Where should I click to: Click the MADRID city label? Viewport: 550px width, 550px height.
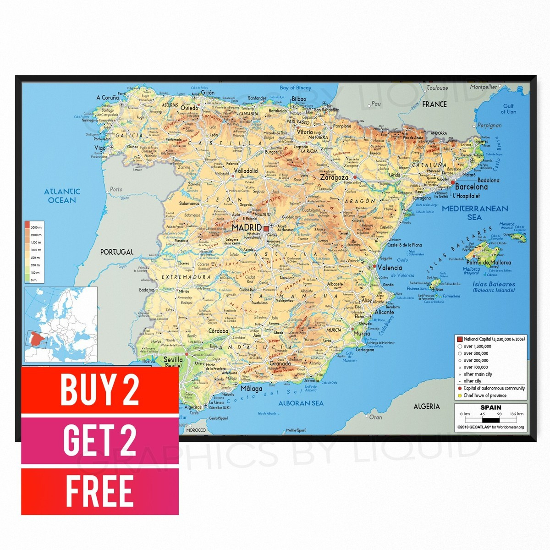click(x=247, y=227)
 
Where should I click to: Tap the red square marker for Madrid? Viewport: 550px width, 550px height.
click(x=266, y=227)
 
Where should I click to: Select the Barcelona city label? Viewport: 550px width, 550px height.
click(x=471, y=187)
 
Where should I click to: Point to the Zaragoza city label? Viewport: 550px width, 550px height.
click(x=335, y=177)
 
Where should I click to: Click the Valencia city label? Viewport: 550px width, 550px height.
click(x=390, y=268)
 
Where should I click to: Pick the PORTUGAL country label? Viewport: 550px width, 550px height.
click(x=117, y=252)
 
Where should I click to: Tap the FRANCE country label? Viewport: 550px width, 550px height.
click(x=434, y=104)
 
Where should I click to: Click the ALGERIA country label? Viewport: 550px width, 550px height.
click(x=426, y=407)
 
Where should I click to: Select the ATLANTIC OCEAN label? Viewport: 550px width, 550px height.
click(x=62, y=196)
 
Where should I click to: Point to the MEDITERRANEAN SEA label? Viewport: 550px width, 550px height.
click(x=475, y=213)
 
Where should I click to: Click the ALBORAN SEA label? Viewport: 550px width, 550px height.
click(x=301, y=403)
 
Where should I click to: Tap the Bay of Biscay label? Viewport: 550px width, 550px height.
click(x=295, y=88)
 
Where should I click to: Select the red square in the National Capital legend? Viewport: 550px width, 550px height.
click(x=460, y=339)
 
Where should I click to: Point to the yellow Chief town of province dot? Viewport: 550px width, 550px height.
click(x=459, y=396)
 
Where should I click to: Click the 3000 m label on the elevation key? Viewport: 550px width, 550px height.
click(x=36, y=227)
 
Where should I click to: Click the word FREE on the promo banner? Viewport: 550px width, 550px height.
click(x=99, y=491)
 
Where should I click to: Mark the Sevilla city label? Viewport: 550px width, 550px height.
click(x=174, y=360)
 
